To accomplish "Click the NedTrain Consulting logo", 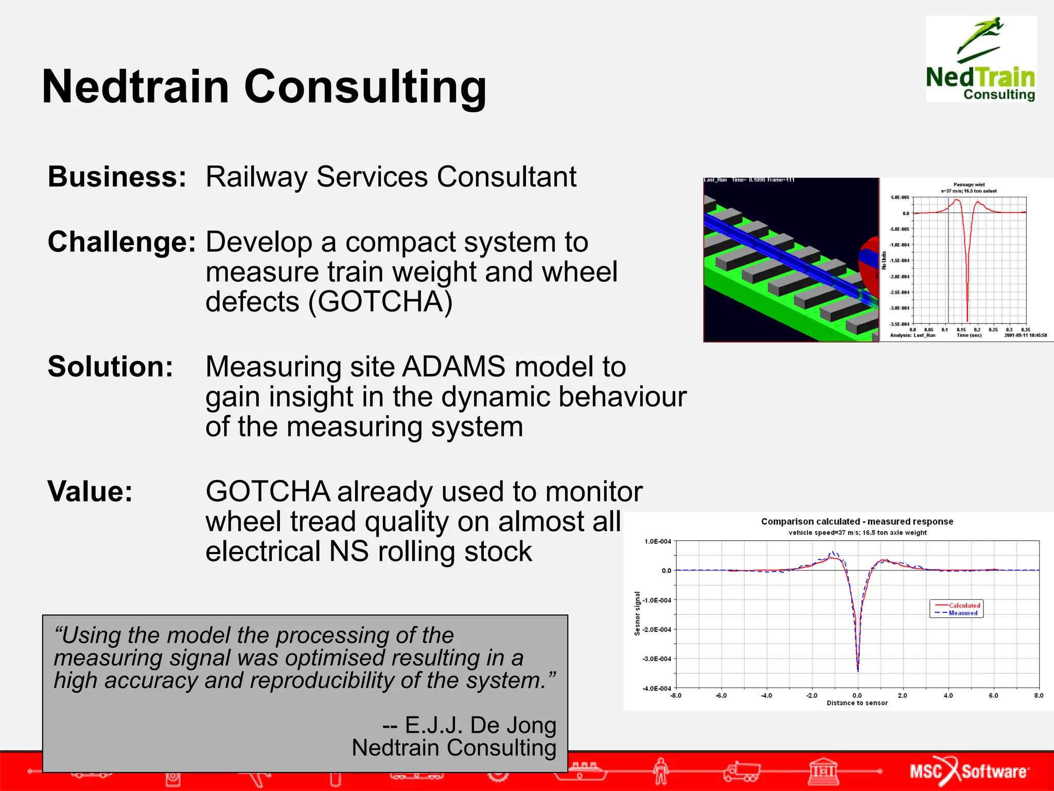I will (980, 59).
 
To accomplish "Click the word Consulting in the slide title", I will (365, 87).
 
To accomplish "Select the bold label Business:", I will (117, 177).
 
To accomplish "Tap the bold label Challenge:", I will (121, 242).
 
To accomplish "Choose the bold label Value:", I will (90, 491).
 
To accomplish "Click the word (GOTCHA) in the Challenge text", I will (380, 301).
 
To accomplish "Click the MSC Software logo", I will (969, 771).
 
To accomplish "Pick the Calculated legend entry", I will (964, 606).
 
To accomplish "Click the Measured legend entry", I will (963, 613).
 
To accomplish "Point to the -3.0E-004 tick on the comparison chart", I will (657, 659).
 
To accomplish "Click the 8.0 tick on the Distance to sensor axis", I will (1039, 695).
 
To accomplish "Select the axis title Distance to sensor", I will (857, 703).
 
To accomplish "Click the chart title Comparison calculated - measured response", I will (857, 522).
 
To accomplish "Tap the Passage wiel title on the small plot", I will (969, 184).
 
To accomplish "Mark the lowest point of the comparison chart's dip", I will (857, 670).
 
